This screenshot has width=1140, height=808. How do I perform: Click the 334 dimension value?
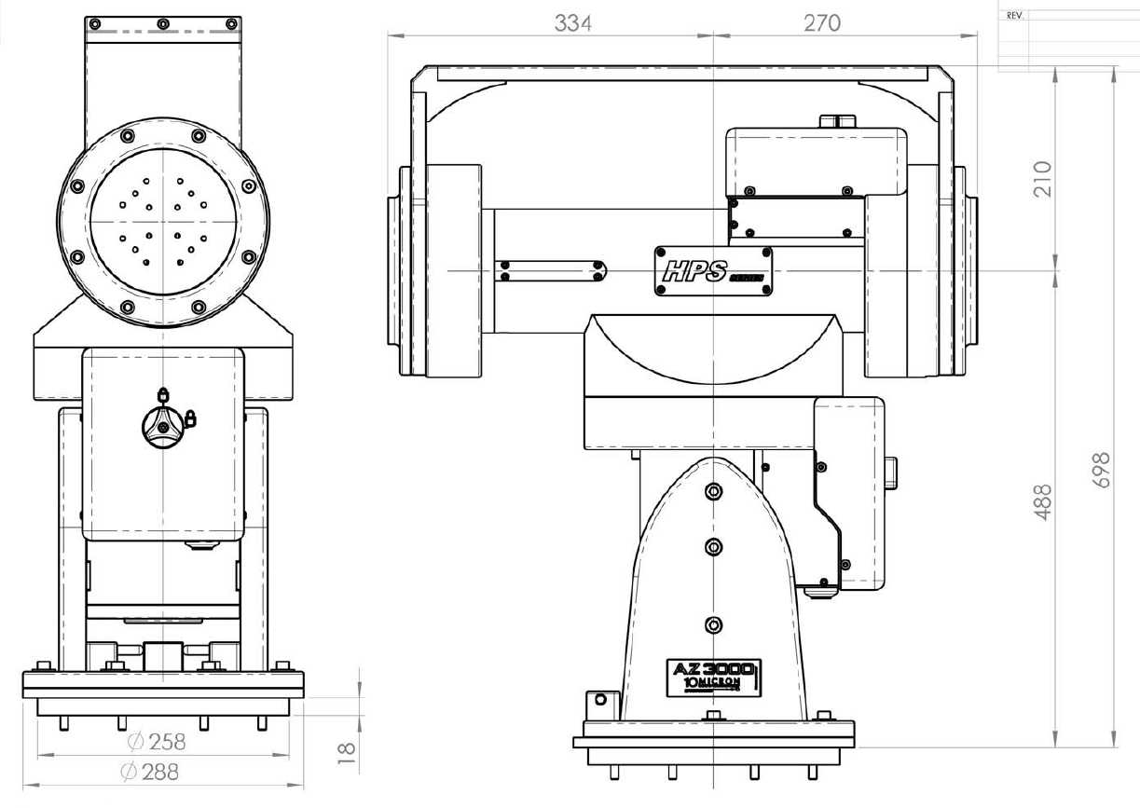pos(572,22)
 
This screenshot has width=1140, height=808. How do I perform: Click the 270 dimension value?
pos(821,22)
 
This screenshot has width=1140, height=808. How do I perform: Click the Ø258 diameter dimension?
pos(157,742)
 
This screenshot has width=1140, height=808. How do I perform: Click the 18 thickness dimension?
pos(344,749)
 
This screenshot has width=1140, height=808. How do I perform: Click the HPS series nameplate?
pos(714,271)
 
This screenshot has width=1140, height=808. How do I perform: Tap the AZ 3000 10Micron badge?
pos(715,675)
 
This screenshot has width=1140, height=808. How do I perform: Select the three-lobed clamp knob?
pos(163,427)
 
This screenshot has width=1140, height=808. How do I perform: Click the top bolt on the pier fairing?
pos(714,491)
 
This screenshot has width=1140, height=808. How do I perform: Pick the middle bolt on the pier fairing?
pos(714,546)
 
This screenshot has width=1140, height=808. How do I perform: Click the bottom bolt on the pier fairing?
pos(714,623)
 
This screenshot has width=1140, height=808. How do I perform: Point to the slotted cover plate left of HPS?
pos(551,270)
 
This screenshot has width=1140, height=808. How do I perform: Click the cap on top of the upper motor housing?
pos(836,121)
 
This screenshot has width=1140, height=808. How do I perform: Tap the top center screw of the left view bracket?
pos(163,23)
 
